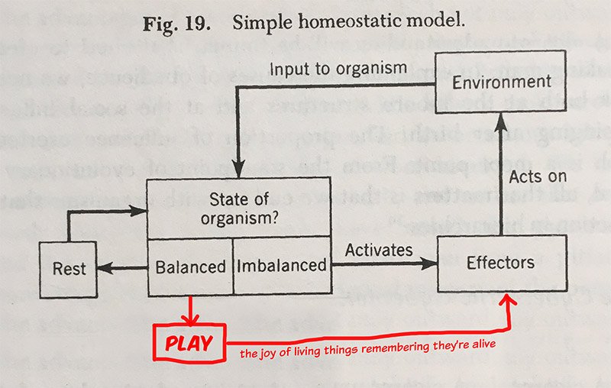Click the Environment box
(500, 82)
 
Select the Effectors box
(500, 264)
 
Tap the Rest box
(69, 269)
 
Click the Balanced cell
(190, 267)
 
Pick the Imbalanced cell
(282, 267)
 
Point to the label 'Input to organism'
(338, 69)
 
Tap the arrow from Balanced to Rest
(122, 267)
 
